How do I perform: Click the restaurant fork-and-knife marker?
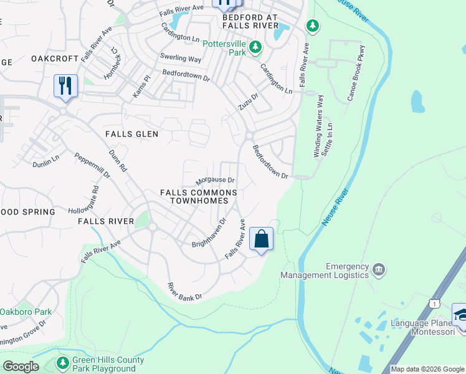(x=65, y=85)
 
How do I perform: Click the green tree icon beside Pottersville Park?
(x=254, y=47)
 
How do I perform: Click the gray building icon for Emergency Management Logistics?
(x=378, y=270)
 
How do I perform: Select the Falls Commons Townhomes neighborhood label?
(x=198, y=197)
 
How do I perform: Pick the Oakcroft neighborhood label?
(x=55, y=59)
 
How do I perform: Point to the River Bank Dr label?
(x=185, y=292)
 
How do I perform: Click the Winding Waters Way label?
(x=319, y=126)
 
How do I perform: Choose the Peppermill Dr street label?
(x=92, y=166)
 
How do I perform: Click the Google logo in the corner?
(x=21, y=367)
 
